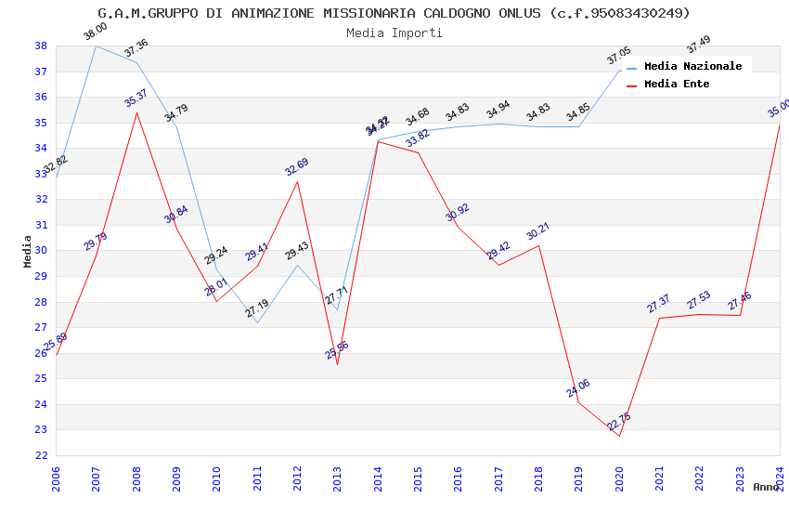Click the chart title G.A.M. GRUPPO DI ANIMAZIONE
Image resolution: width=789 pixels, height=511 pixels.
coord(394,13)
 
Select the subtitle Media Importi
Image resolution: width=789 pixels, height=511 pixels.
coord(394,33)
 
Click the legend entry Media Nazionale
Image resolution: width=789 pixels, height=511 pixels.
coord(692,66)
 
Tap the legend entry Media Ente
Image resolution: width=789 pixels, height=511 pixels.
coord(676,84)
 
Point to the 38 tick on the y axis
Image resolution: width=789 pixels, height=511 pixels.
coord(41,46)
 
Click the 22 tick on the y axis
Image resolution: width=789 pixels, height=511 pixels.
coord(41,455)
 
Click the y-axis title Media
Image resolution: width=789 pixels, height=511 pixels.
coord(28,251)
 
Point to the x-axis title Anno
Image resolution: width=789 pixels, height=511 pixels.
coord(766,487)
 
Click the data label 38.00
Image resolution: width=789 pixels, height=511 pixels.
coord(96,33)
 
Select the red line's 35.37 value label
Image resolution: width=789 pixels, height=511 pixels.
coord(136,98)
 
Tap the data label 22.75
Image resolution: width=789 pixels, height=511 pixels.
coord(619,422)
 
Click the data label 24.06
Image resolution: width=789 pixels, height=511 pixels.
coord(578,388)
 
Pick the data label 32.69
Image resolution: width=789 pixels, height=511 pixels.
coord(297,167)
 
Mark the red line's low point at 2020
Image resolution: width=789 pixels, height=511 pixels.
coord(619,436)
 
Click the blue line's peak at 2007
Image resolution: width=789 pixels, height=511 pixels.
coord(96,46)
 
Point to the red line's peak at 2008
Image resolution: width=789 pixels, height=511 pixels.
coord(136,113)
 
